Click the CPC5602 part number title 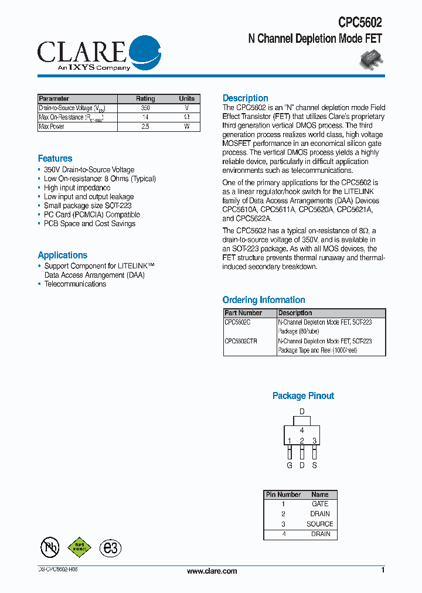click(360, 23)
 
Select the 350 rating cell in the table click(145, 108)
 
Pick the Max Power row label click(52, 127)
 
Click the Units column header click(187, 99)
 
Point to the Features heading click(55, 159)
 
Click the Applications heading click(62, 255)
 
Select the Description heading click(246, 98)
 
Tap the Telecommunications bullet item click(75, 284)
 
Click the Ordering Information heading click(264, 300)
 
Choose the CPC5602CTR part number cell click(241, 341)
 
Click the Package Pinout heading click(303, 396)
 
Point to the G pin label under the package click(290, 466)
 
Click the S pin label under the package click(315, 466)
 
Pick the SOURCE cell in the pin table click(320, 524)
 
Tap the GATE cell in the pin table click(320, 504)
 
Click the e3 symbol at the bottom click(110, 548)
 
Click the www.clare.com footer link click(212, 571)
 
